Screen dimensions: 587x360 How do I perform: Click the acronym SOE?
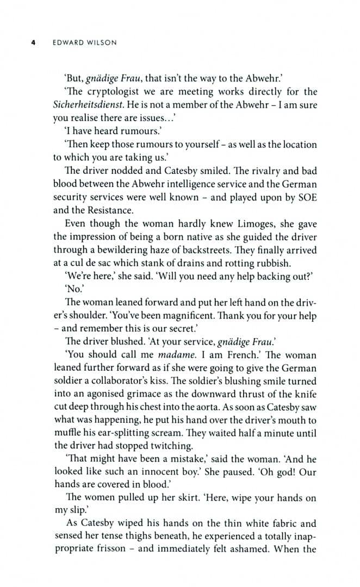pyautogui.click(x=306, y=197)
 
